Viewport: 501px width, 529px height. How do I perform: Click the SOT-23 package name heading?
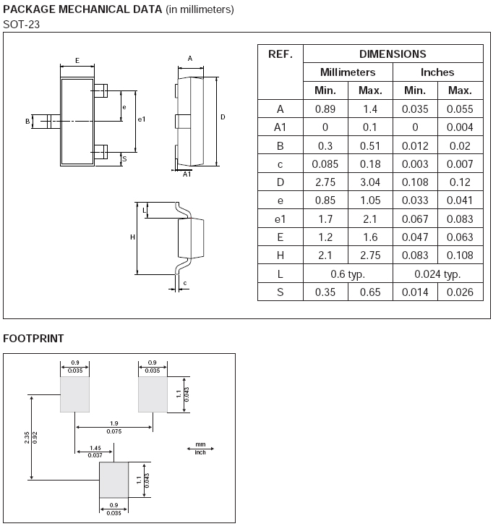(21, 25)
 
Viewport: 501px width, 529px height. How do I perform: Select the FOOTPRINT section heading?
(33, 339)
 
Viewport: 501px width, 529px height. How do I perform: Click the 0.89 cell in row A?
(325, 109)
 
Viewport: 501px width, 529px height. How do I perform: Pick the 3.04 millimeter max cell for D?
(370, 182)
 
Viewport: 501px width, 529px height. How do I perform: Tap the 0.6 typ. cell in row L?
(348, 274)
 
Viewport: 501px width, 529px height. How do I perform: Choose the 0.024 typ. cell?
(437, 274)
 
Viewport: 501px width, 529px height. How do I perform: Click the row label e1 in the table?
(281, 219)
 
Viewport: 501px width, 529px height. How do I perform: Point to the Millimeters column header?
(348, 72)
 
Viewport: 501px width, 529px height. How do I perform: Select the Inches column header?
(437, 72)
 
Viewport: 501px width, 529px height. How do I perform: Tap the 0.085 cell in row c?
(325, 164)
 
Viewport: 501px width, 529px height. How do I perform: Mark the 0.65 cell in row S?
(370, 292)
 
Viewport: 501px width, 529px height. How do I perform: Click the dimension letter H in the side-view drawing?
(132, 237)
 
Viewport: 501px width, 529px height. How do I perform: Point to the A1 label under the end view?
(187, 174)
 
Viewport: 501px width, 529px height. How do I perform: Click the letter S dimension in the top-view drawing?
(124, 158)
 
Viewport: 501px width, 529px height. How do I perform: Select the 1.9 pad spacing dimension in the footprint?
(114, 423)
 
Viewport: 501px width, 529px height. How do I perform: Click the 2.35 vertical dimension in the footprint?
(27, 438)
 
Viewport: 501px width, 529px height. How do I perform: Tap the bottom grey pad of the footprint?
(114, 480)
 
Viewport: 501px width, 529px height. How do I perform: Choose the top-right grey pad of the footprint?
(153, 394)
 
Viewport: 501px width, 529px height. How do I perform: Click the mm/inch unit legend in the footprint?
(200, 449)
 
